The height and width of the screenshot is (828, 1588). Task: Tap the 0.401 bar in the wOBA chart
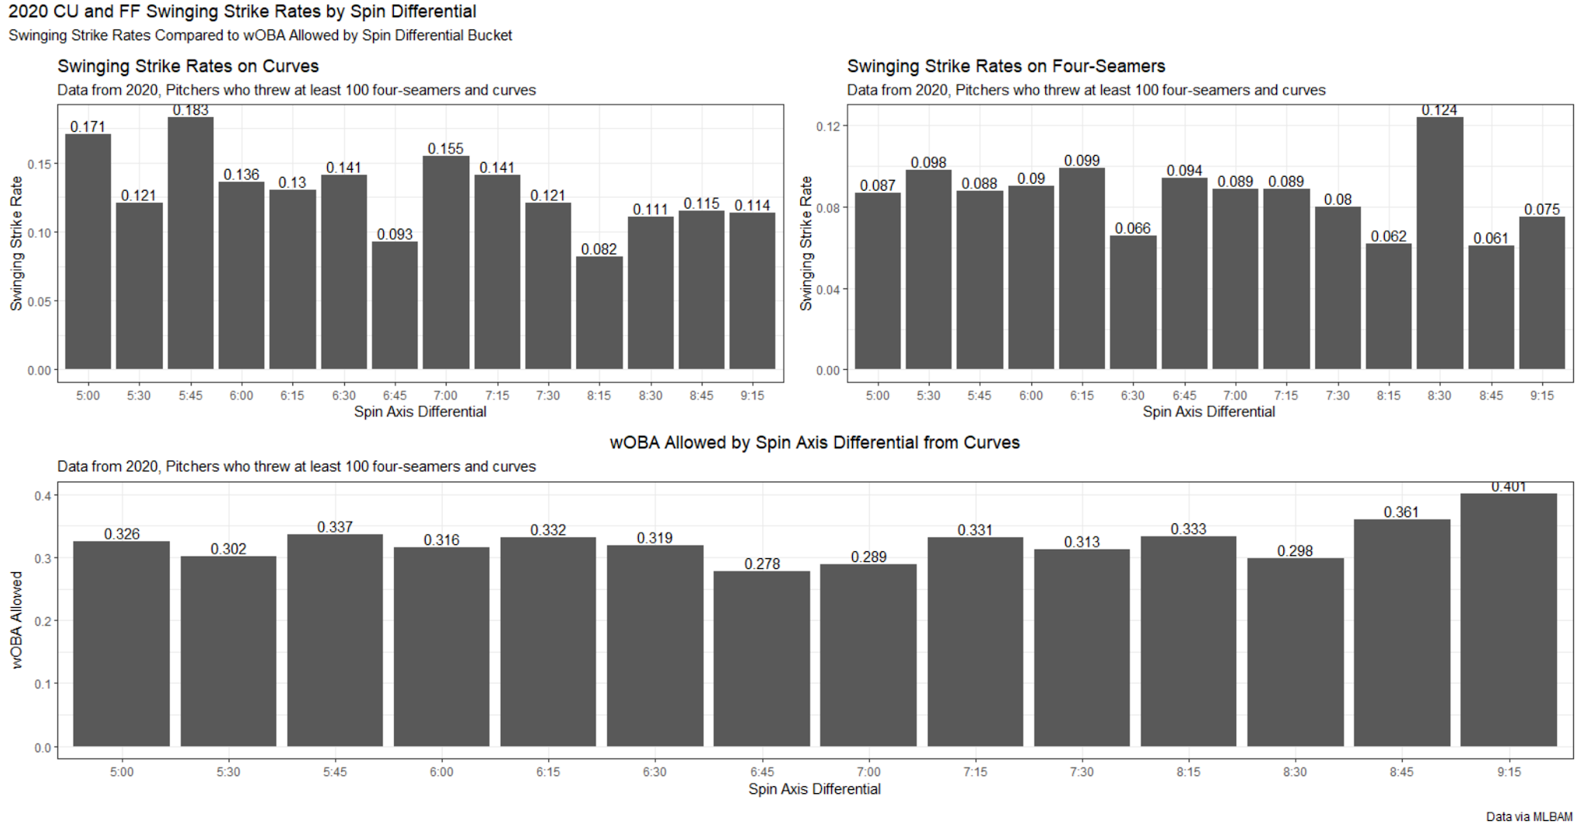tap(1508, 620)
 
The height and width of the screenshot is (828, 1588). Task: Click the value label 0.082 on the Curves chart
tap(599, 249)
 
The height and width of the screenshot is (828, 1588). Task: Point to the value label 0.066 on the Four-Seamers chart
tap(1132, 228)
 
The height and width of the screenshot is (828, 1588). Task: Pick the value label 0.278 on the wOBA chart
tap(761, 564)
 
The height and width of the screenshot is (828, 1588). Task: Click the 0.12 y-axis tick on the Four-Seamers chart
tap(827, 126)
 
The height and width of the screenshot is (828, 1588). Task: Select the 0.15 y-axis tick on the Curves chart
tap(40, 164)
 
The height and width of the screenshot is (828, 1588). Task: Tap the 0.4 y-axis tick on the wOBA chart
tap(43, 495)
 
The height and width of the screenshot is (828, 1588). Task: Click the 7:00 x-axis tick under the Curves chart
tap(445, 395)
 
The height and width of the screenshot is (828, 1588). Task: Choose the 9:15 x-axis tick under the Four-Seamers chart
tap(1541, 395)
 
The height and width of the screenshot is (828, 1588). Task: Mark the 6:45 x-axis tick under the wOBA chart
tap(761, 772)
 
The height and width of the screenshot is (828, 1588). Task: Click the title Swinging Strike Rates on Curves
tap(188, 67)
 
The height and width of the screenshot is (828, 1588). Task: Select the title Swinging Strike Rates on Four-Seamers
tap(1006, 67)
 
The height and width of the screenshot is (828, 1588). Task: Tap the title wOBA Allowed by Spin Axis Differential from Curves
tap(814, 443)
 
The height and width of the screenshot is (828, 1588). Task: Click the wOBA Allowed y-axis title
tap(16, 620)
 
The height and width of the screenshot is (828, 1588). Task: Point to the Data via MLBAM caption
tap(1528, 816)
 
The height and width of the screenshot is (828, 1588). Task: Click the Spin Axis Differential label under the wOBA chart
tap(814, 789)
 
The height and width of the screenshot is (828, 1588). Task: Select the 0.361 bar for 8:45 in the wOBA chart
tap(1401, 633)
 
